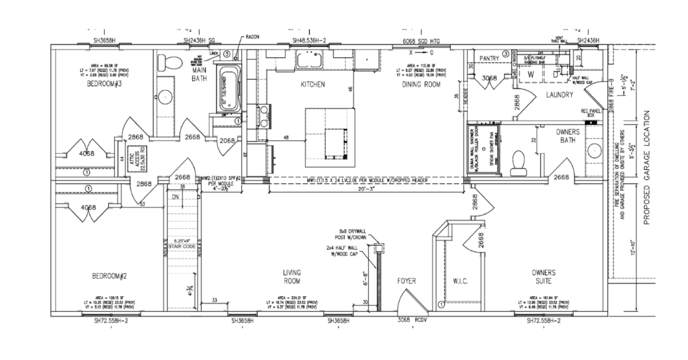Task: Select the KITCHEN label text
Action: click(312, 85)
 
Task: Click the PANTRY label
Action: click(490, 59)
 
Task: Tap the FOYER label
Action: click(408, 280)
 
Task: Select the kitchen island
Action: click(329, 138)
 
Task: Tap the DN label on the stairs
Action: click(176, 197)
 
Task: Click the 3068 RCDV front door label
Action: click(411, 319)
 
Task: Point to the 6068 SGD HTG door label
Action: click(421, 41)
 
